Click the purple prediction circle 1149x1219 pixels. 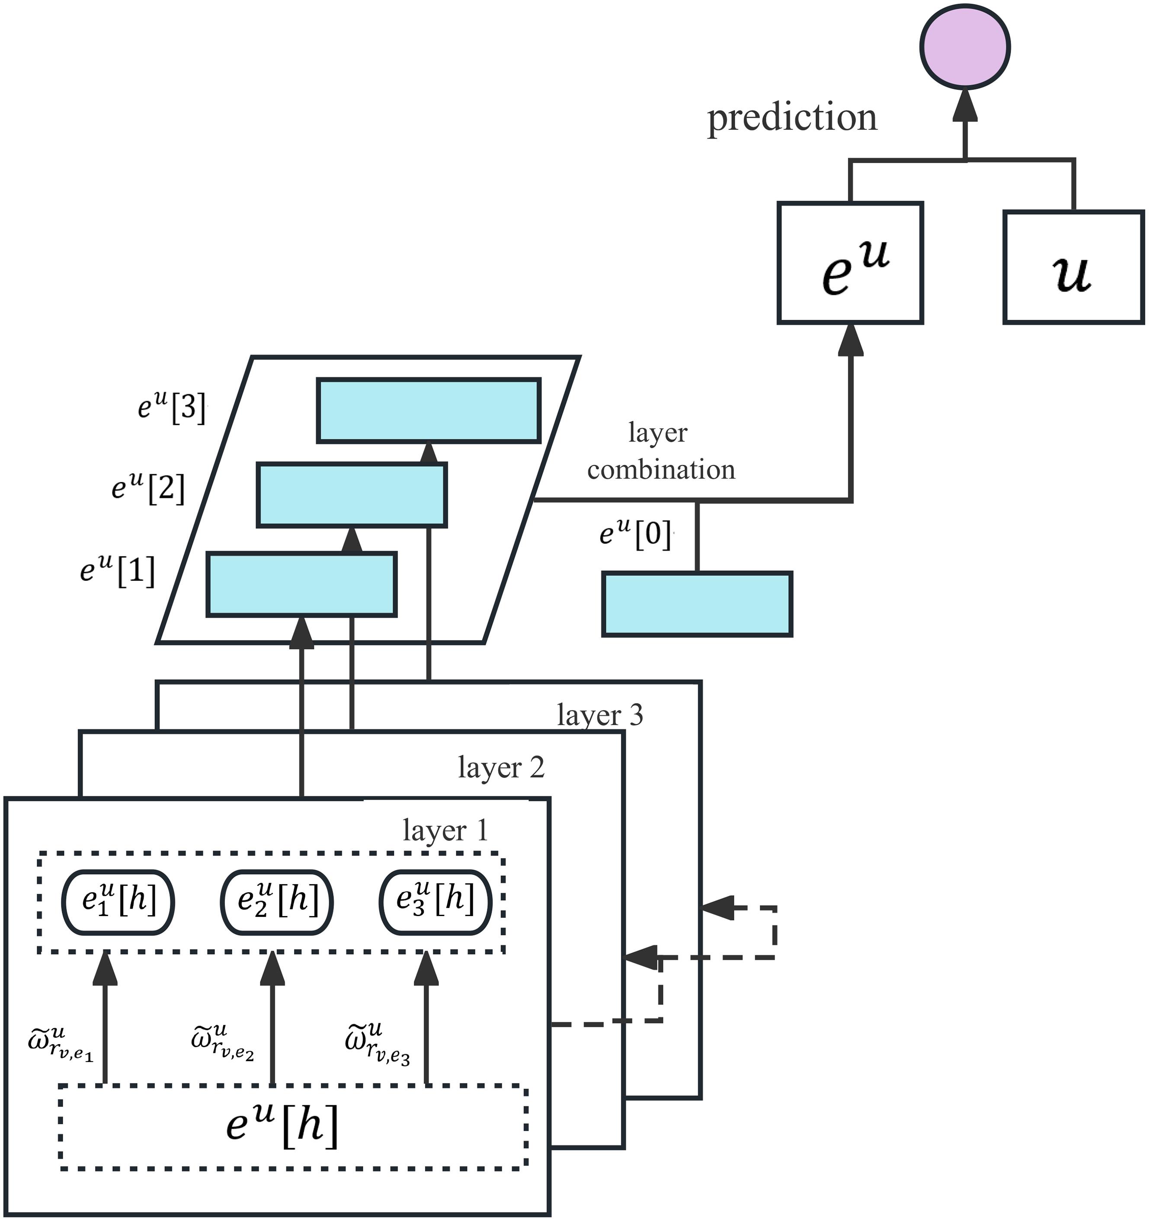tap(965, 47)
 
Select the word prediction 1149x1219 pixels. tap(792, 118)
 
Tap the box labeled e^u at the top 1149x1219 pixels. tap(850, 262)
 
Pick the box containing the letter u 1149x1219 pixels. tap(1073, 267)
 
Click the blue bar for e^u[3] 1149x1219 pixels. tap(429, 410)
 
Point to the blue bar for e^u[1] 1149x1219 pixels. tap(301, 584)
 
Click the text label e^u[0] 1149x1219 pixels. tap(635, 534)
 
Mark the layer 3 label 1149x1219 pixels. tap(599, 715)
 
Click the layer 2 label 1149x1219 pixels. tap(501, 767)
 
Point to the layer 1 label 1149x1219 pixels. tap(445, 830)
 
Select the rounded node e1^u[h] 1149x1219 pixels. tap(118, 902)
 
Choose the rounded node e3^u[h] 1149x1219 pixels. tap(435, 902)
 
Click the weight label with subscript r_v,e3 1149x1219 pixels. tap(377, 1044)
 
